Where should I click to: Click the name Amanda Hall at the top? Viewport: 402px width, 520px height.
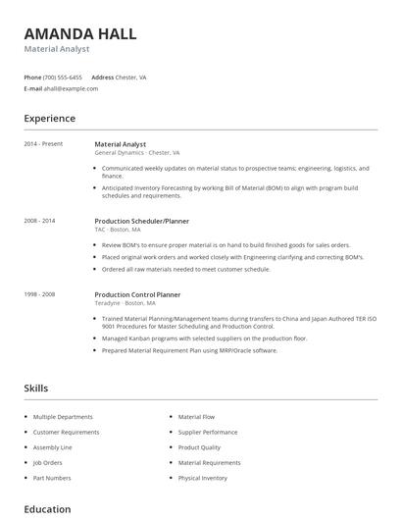tap(80, 33)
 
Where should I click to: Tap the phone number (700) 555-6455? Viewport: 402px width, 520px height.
tap(64, 77)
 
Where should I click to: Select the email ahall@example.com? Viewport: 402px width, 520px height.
tap(72, 88)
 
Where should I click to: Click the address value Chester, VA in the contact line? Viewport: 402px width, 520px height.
tap(130, 77)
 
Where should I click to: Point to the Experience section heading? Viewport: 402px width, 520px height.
tap(50, 119)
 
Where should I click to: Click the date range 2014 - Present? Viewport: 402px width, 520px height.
tap(43, 144)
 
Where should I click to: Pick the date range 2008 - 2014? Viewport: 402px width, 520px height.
tap(40, 221)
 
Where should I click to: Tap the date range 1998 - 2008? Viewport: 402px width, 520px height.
tap(40, 294)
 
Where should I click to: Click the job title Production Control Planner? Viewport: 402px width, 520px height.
tap(137, 294)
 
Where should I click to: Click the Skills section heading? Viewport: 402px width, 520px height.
tap(36, 389)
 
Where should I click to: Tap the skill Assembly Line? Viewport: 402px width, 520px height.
tap(54, 447)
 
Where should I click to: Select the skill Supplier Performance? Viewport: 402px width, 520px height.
tap(207, 432)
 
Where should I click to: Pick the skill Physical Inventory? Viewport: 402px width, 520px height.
tap(202, 478)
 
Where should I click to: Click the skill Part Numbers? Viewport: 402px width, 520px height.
tap(52, 478)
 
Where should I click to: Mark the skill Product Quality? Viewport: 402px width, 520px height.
tap(199, 447)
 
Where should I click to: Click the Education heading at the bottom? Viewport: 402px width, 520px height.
tap(47, 509)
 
